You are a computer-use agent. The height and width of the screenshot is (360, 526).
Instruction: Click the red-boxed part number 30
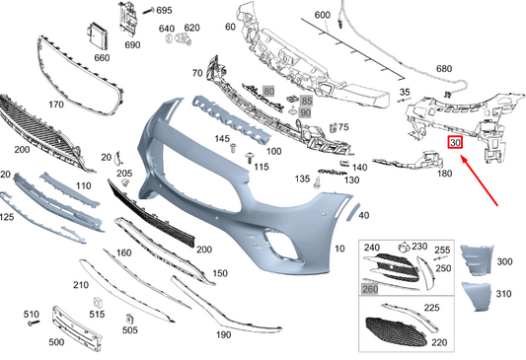click(455, 143)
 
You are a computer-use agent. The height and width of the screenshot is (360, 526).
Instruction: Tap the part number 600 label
click(322, 17)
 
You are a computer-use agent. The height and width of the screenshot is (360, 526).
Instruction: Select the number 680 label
click(445, 69)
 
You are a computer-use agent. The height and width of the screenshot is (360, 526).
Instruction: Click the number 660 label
click(102, 57)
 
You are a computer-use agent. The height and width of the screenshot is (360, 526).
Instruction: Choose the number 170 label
click(55, 103)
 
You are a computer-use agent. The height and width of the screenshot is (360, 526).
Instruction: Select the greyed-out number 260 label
click(371, 290)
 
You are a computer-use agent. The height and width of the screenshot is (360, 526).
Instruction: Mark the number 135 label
click(303, 179)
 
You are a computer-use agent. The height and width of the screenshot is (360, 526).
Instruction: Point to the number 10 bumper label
click(340, 249)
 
